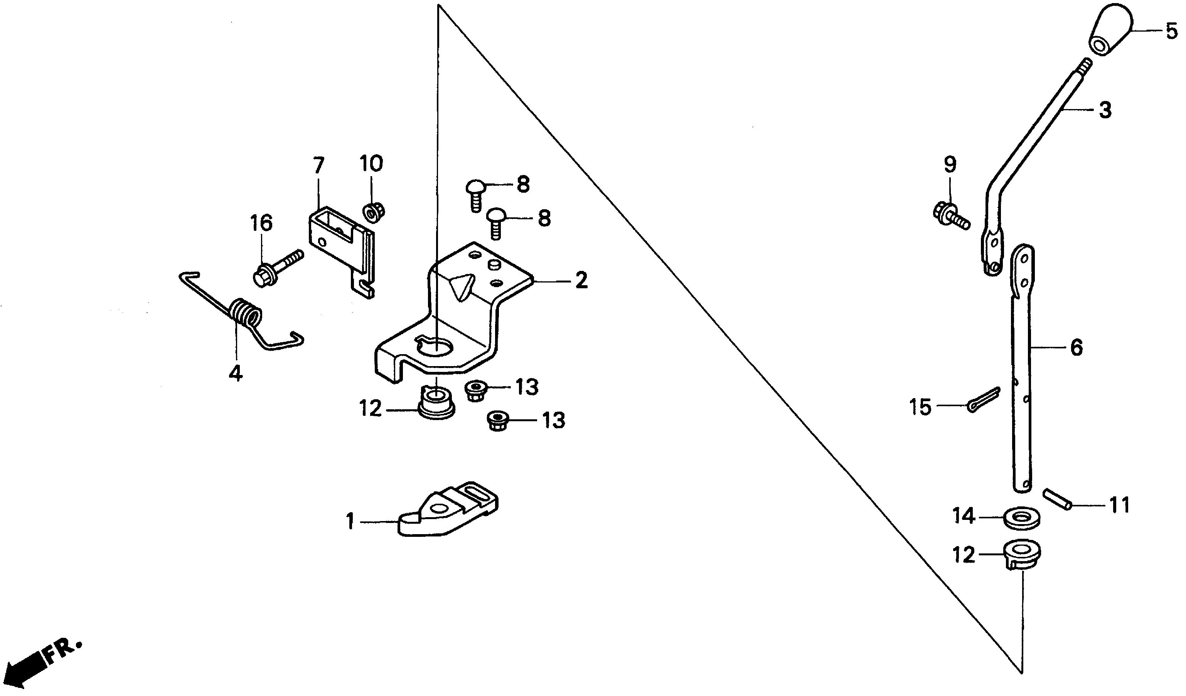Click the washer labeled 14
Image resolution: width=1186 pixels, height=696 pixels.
[x=1021, y=519]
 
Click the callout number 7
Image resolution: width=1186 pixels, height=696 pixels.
[x=318, y=166]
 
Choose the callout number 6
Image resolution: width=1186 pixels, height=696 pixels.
[x=1076, y=348]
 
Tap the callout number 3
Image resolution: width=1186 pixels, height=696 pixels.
[x=1105, y=111]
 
